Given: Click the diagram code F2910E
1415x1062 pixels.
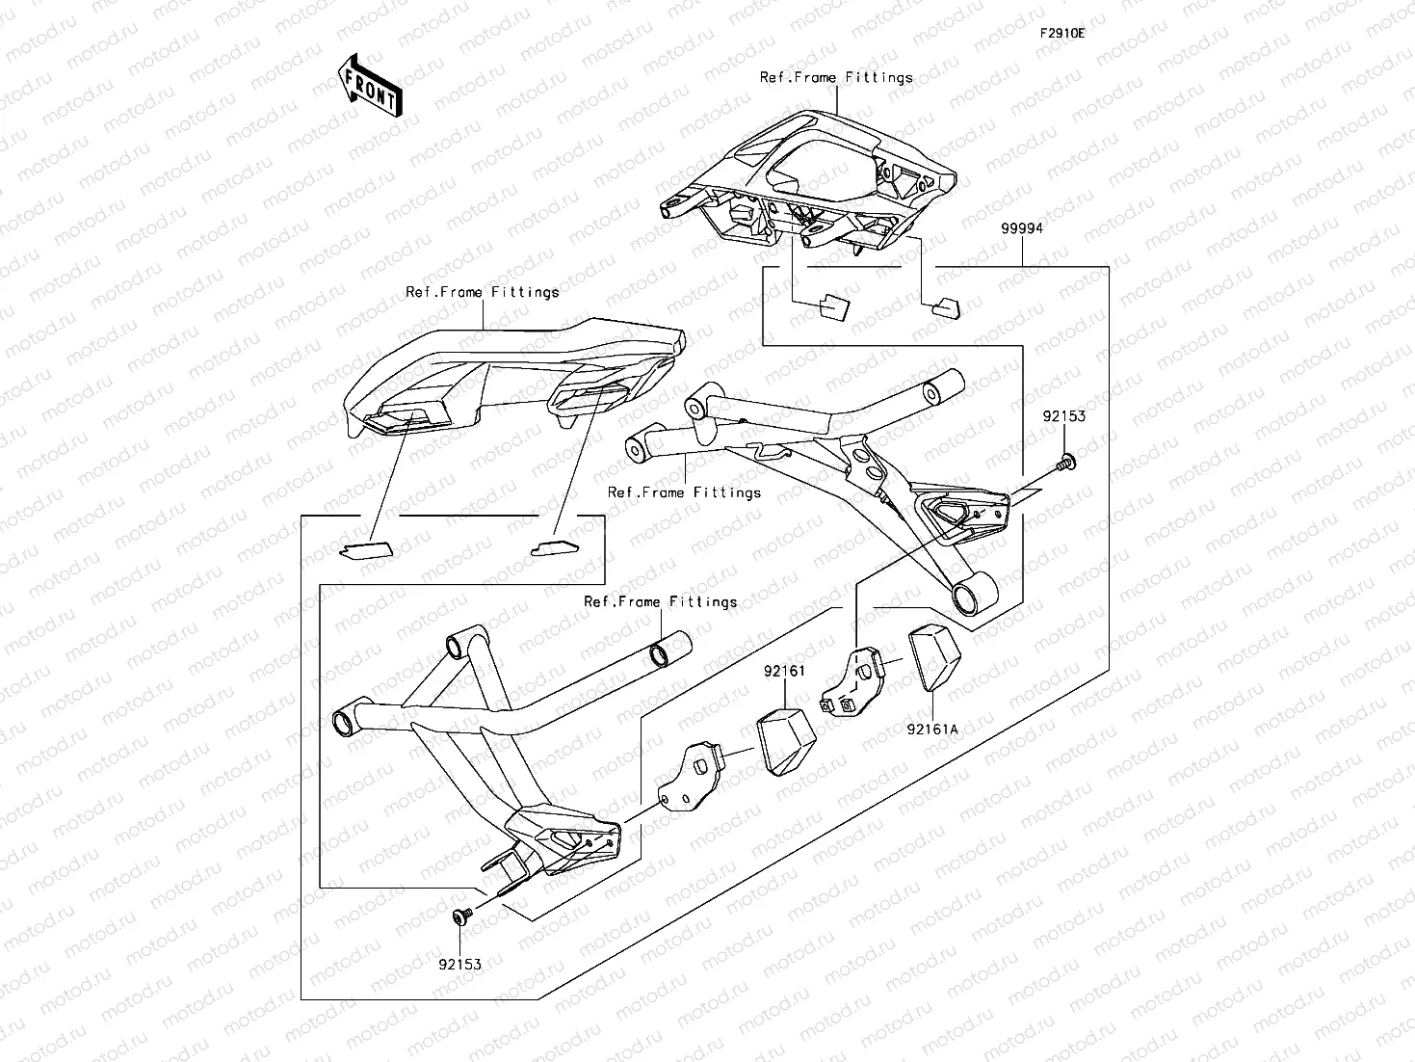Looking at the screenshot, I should click(1061, 33).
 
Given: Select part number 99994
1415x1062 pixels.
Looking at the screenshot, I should click(1021, 228).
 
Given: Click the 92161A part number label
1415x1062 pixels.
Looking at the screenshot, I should click(931, 730).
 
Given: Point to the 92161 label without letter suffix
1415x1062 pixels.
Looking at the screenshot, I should click(784, 671).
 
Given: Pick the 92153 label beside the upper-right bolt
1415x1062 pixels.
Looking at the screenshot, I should click(1063, 416).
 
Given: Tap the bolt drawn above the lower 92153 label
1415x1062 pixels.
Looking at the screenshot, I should click(460, 916).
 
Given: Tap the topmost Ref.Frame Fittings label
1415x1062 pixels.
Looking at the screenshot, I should click(836, 77).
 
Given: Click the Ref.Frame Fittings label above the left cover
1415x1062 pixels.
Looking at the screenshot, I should click(482, 291).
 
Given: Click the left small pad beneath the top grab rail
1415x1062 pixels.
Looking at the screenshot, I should click(833, 306).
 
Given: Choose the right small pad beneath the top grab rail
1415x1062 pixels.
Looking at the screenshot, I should click(945, 307).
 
